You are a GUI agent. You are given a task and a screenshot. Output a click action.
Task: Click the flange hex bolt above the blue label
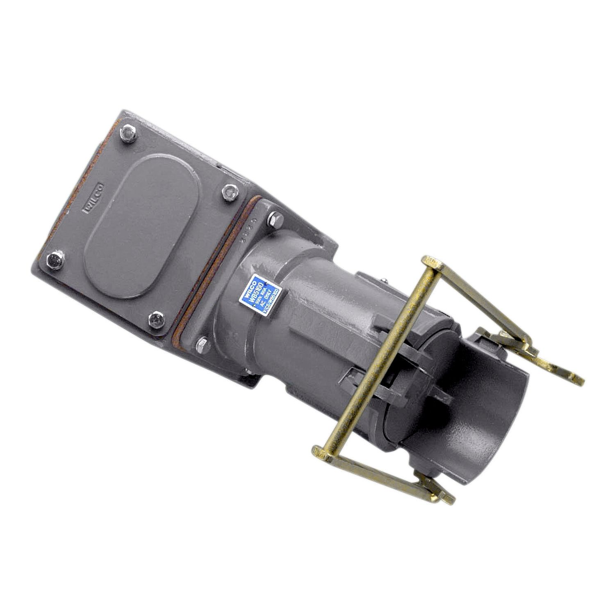(x=274, y=221)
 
